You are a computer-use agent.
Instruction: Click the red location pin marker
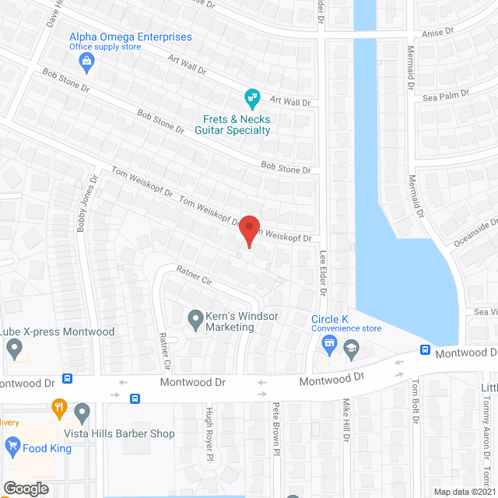[x=248, y=231]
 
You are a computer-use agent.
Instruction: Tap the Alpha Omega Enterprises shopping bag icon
[x=86, y=60]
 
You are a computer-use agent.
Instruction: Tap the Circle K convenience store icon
[x=329, y=344]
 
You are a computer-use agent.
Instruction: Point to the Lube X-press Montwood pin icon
[x=13, y=349]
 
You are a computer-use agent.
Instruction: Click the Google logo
[x=25, y=488]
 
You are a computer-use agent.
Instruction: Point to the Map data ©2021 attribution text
[x=464, y=491]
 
